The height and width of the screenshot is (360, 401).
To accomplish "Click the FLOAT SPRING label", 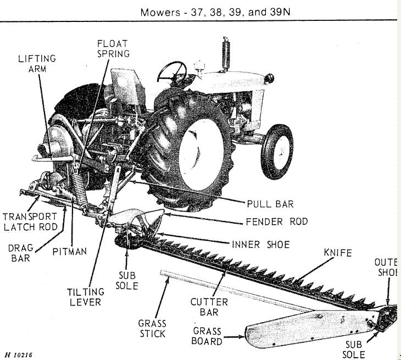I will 113,48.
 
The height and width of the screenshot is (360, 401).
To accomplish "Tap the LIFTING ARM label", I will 37,63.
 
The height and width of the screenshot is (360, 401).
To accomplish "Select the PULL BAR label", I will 270,204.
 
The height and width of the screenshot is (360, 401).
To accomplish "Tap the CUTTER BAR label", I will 209,307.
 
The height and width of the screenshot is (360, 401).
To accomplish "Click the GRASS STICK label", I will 152,329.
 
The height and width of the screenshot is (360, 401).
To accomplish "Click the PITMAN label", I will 70,252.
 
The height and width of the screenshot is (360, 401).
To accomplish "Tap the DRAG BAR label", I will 21,252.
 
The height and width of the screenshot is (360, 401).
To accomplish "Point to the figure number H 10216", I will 18,355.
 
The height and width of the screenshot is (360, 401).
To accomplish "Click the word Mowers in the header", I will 159,11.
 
